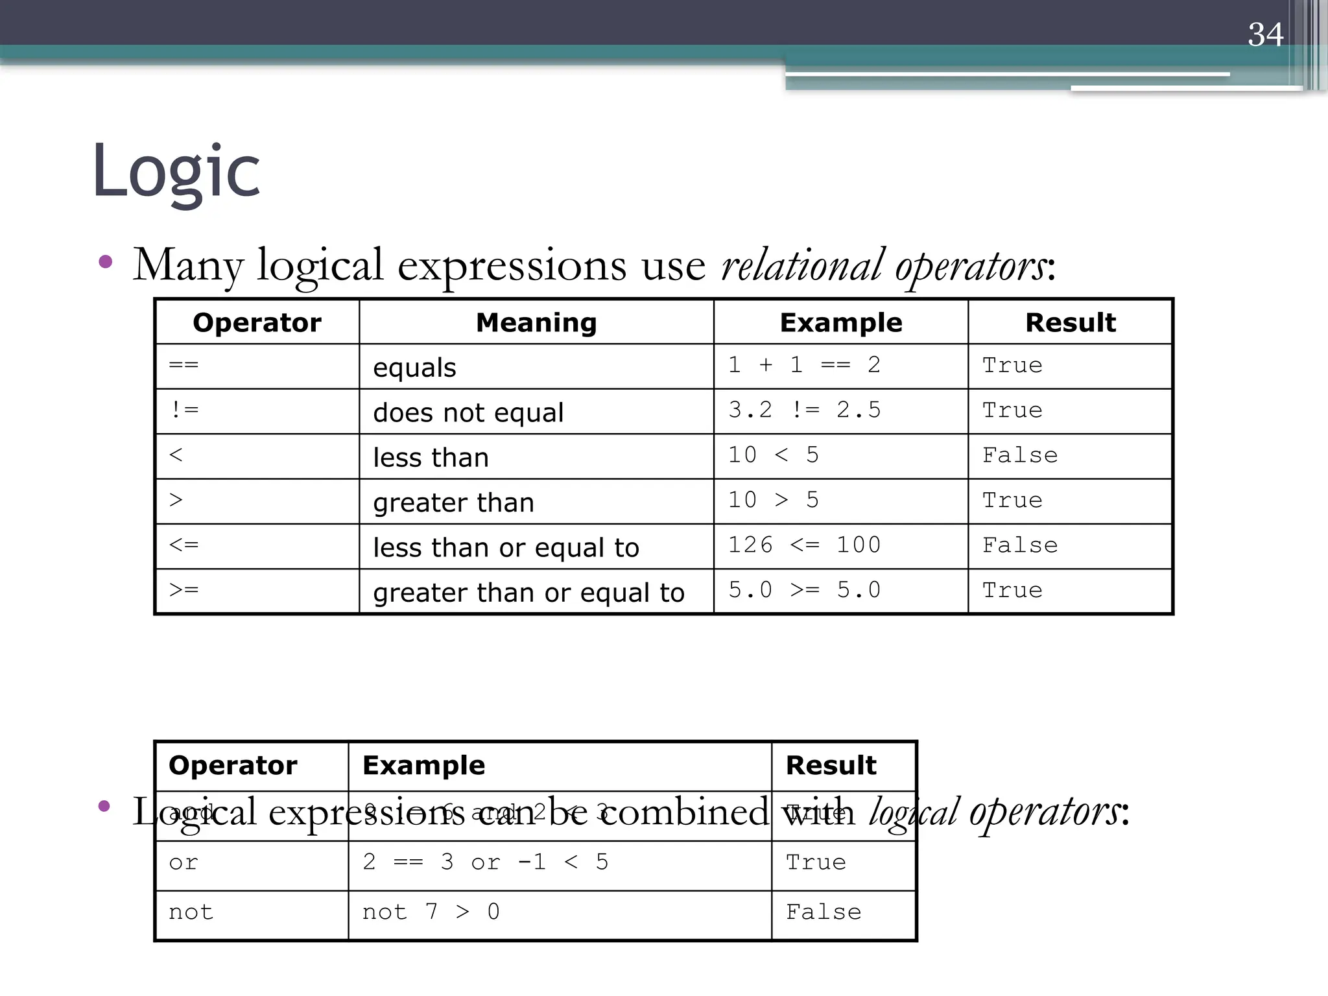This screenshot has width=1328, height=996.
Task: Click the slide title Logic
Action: click(176, 171)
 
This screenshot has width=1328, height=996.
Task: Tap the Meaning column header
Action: click(536, 322)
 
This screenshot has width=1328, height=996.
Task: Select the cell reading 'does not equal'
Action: click(468, 412)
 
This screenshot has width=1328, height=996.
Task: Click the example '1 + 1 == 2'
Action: click(804, 365)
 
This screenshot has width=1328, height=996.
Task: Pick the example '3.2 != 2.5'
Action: click(804, 410)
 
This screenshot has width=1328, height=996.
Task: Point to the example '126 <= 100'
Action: click(804, 545)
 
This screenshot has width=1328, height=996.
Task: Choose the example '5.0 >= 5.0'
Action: click(804, 590)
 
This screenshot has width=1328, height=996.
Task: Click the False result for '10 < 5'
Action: click(1019, 455)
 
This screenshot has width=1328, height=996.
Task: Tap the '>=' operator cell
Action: click(184, 590)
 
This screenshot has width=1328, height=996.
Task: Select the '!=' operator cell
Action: click(185, 410)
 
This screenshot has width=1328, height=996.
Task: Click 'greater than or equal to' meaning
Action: click(528, 593)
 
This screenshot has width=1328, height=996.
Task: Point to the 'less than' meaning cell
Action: click(431, 458)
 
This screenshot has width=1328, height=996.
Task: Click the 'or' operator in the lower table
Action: click(184, 862)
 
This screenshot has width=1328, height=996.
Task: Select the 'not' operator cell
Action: click(191, 912)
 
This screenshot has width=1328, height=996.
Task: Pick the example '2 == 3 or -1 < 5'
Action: click(486, 862)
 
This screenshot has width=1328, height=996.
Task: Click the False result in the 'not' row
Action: click(824, 912)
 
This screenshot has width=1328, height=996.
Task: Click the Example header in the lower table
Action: click(423, 766)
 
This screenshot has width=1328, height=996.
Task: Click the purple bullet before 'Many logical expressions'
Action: click(105, 262)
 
